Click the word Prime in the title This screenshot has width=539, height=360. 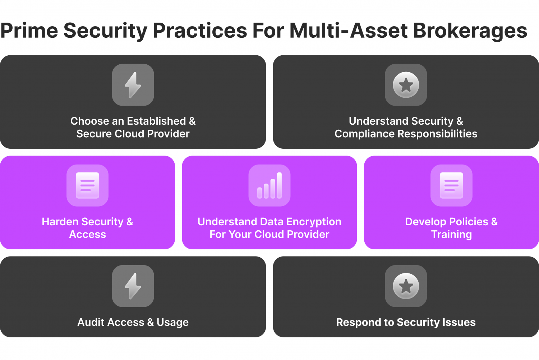(x=29, y=31)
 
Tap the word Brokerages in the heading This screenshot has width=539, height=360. (x=470, y=31)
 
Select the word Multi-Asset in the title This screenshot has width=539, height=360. (x=349, y=31)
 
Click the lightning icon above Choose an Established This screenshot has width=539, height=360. (x=133, y=85)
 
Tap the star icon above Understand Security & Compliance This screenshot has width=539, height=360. (x=406, y=85)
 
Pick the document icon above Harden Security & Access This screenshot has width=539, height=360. (x=87, y=186)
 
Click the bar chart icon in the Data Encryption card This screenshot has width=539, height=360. (x=269, y=186)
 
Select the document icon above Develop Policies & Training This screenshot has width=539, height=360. (x=451, y=186)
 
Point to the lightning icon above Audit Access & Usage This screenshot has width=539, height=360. (x=133, y=286)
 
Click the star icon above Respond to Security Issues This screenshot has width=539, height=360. (x=406, y=286)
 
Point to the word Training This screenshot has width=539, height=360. (x=451, y=235)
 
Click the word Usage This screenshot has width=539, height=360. (x=172, y=323)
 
